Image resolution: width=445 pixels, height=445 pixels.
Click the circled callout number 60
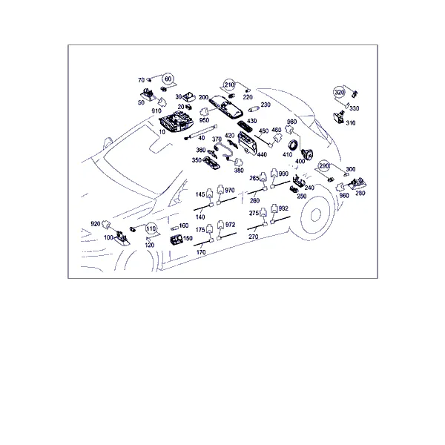pyautogui.click(x=168, y=79)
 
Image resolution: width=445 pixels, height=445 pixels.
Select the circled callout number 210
pyautogui.click(x=229, y=85)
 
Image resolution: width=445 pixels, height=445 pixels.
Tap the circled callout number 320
pyautogui.click(x=340, y=92)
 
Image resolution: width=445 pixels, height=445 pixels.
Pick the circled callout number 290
pyautogui.click(x=324, y=165)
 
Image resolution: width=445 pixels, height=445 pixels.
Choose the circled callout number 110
pyautogui.click(x=151, y=228)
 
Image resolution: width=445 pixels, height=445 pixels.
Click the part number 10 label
pyautogui.click(x=162, y=132)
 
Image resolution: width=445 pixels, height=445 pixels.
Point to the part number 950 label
pyautogui.click(x=204, y=120)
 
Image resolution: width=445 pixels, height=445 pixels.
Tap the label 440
pyautogui.click(x=262, y=154)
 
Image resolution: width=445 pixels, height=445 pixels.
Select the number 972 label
pyautogui.click(x=230, y=225)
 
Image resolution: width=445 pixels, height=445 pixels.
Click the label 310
pyautogui.click(x=351, y=123)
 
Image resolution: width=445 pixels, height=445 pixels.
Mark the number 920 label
pyautogui.click(x=96, y=224)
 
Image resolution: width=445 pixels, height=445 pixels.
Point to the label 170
pyautogui.click(x=201, y=252)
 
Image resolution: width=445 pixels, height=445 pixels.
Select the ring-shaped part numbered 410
pyautogui.click(x=293, y=145)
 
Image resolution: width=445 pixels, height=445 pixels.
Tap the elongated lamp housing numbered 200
pyautogui.click(x=226, y=106)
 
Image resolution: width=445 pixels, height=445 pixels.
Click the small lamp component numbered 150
pyautogui.click(x=177, y=240)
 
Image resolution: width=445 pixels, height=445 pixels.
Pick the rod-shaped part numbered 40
pyautogui.click(x=201, y=131)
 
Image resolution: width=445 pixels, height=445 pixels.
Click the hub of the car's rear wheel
pyautogui.click(x=315, y=215)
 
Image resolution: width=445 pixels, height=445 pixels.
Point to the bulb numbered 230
pyautogui.click(x=254, y=109)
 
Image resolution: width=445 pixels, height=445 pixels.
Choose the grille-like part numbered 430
pyautogui.click(x=244, y=125)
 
